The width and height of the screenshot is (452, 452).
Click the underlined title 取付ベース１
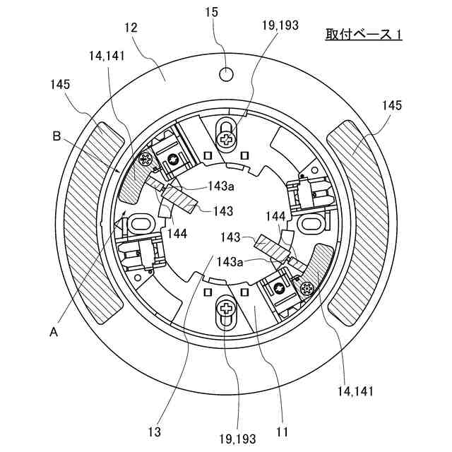[x=363, y=33]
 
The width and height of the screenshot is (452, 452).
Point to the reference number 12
[x=130, y=28]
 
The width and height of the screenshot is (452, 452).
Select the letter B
[x=57, y=135]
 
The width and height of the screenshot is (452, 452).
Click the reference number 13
[x=154, y=431]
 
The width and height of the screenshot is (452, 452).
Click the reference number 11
[x=282, y=431]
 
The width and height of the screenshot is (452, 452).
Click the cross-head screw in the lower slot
[x=227, y=308]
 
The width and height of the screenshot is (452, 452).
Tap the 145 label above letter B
[x=60, y=84]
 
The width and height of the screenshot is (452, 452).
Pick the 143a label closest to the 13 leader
[x=231, y=261]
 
